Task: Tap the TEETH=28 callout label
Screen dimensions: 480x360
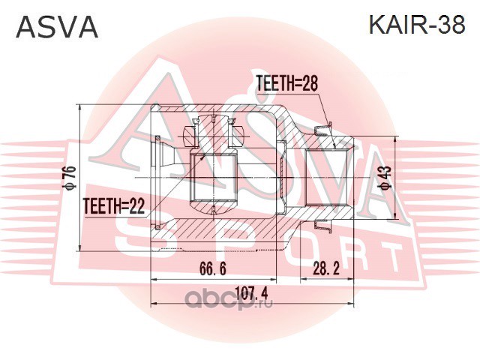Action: pos(286,85)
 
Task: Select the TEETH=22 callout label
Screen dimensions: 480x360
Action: pos(113,203)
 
